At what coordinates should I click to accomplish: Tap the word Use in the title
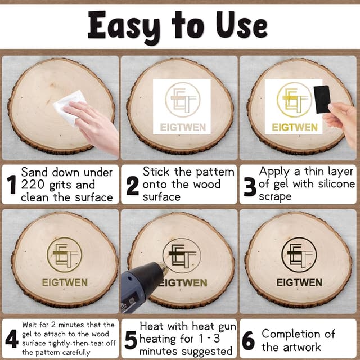pos(242,25)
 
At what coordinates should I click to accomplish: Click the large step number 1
pos(11,184)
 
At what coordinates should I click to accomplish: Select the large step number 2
pos(133,186)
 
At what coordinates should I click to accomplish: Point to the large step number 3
pos(250,187)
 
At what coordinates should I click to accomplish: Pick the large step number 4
pos(12,339)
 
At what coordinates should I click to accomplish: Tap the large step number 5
pos(131,340)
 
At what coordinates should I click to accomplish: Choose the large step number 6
pos(249,340)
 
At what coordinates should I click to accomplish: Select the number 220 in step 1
pos(33,184)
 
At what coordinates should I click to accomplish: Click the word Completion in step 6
pos(291,334)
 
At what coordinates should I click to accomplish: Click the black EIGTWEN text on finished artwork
pos(299,282)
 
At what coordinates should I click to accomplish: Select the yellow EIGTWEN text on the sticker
pos(295,127)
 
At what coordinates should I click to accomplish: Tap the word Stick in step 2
pos(156,172)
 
